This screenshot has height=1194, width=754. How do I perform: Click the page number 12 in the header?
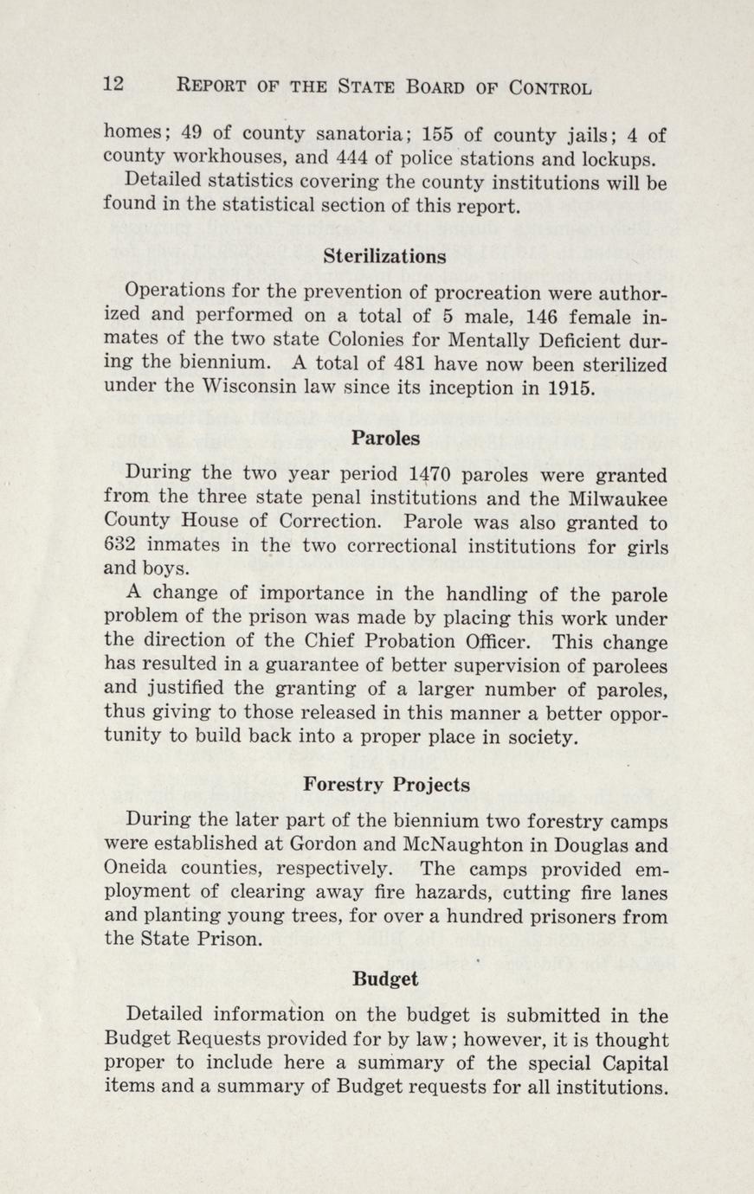(x=114, y=86)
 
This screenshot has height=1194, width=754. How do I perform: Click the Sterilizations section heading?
(x=385, y=256)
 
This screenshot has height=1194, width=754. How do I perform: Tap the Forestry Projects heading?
(x=387, y=785)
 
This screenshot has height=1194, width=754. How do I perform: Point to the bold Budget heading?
(x=386, y=979)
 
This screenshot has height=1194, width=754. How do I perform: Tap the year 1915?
(x=570, y=388)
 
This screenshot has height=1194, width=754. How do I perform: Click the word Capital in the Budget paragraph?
(x=631, y=1062)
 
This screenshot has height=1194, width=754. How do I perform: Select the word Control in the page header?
(x=551, y=87)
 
